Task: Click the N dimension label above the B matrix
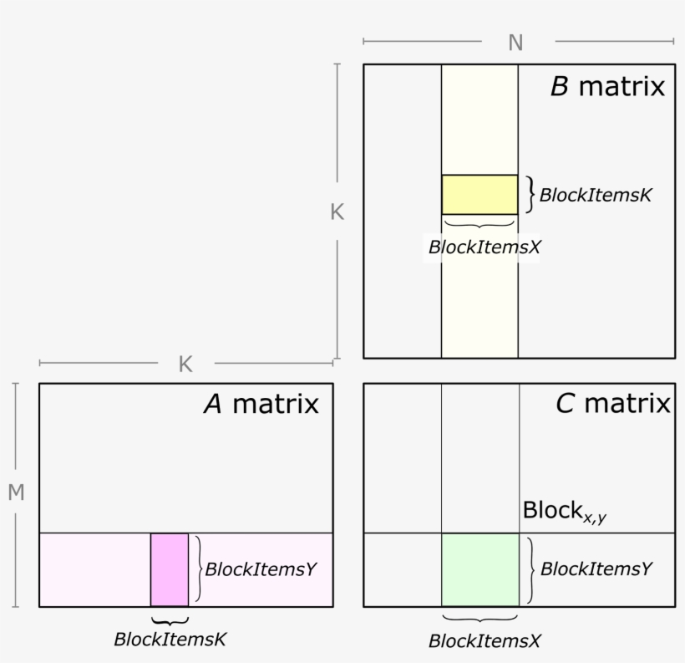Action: (515, 43)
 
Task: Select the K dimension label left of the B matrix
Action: (337, 212)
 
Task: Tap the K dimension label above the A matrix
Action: (185, 365)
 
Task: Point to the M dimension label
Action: (16, 493)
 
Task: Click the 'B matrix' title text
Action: (607, 86)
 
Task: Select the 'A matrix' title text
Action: (261, 405)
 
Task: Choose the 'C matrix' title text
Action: (613, 405)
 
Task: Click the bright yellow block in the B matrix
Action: (479, 194)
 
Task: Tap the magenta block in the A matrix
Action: (170, 569)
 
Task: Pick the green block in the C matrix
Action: (480, 569)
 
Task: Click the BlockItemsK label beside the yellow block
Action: (595, 196)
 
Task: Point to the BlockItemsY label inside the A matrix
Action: (261, 569)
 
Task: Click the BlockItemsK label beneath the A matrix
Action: (170, 639)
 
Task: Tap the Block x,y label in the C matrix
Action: (564, 511)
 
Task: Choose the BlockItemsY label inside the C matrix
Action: (596, 569)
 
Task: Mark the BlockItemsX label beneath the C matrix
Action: (485, 641)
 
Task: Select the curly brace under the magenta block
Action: (170, 620)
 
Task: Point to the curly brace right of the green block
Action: (530, 569)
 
